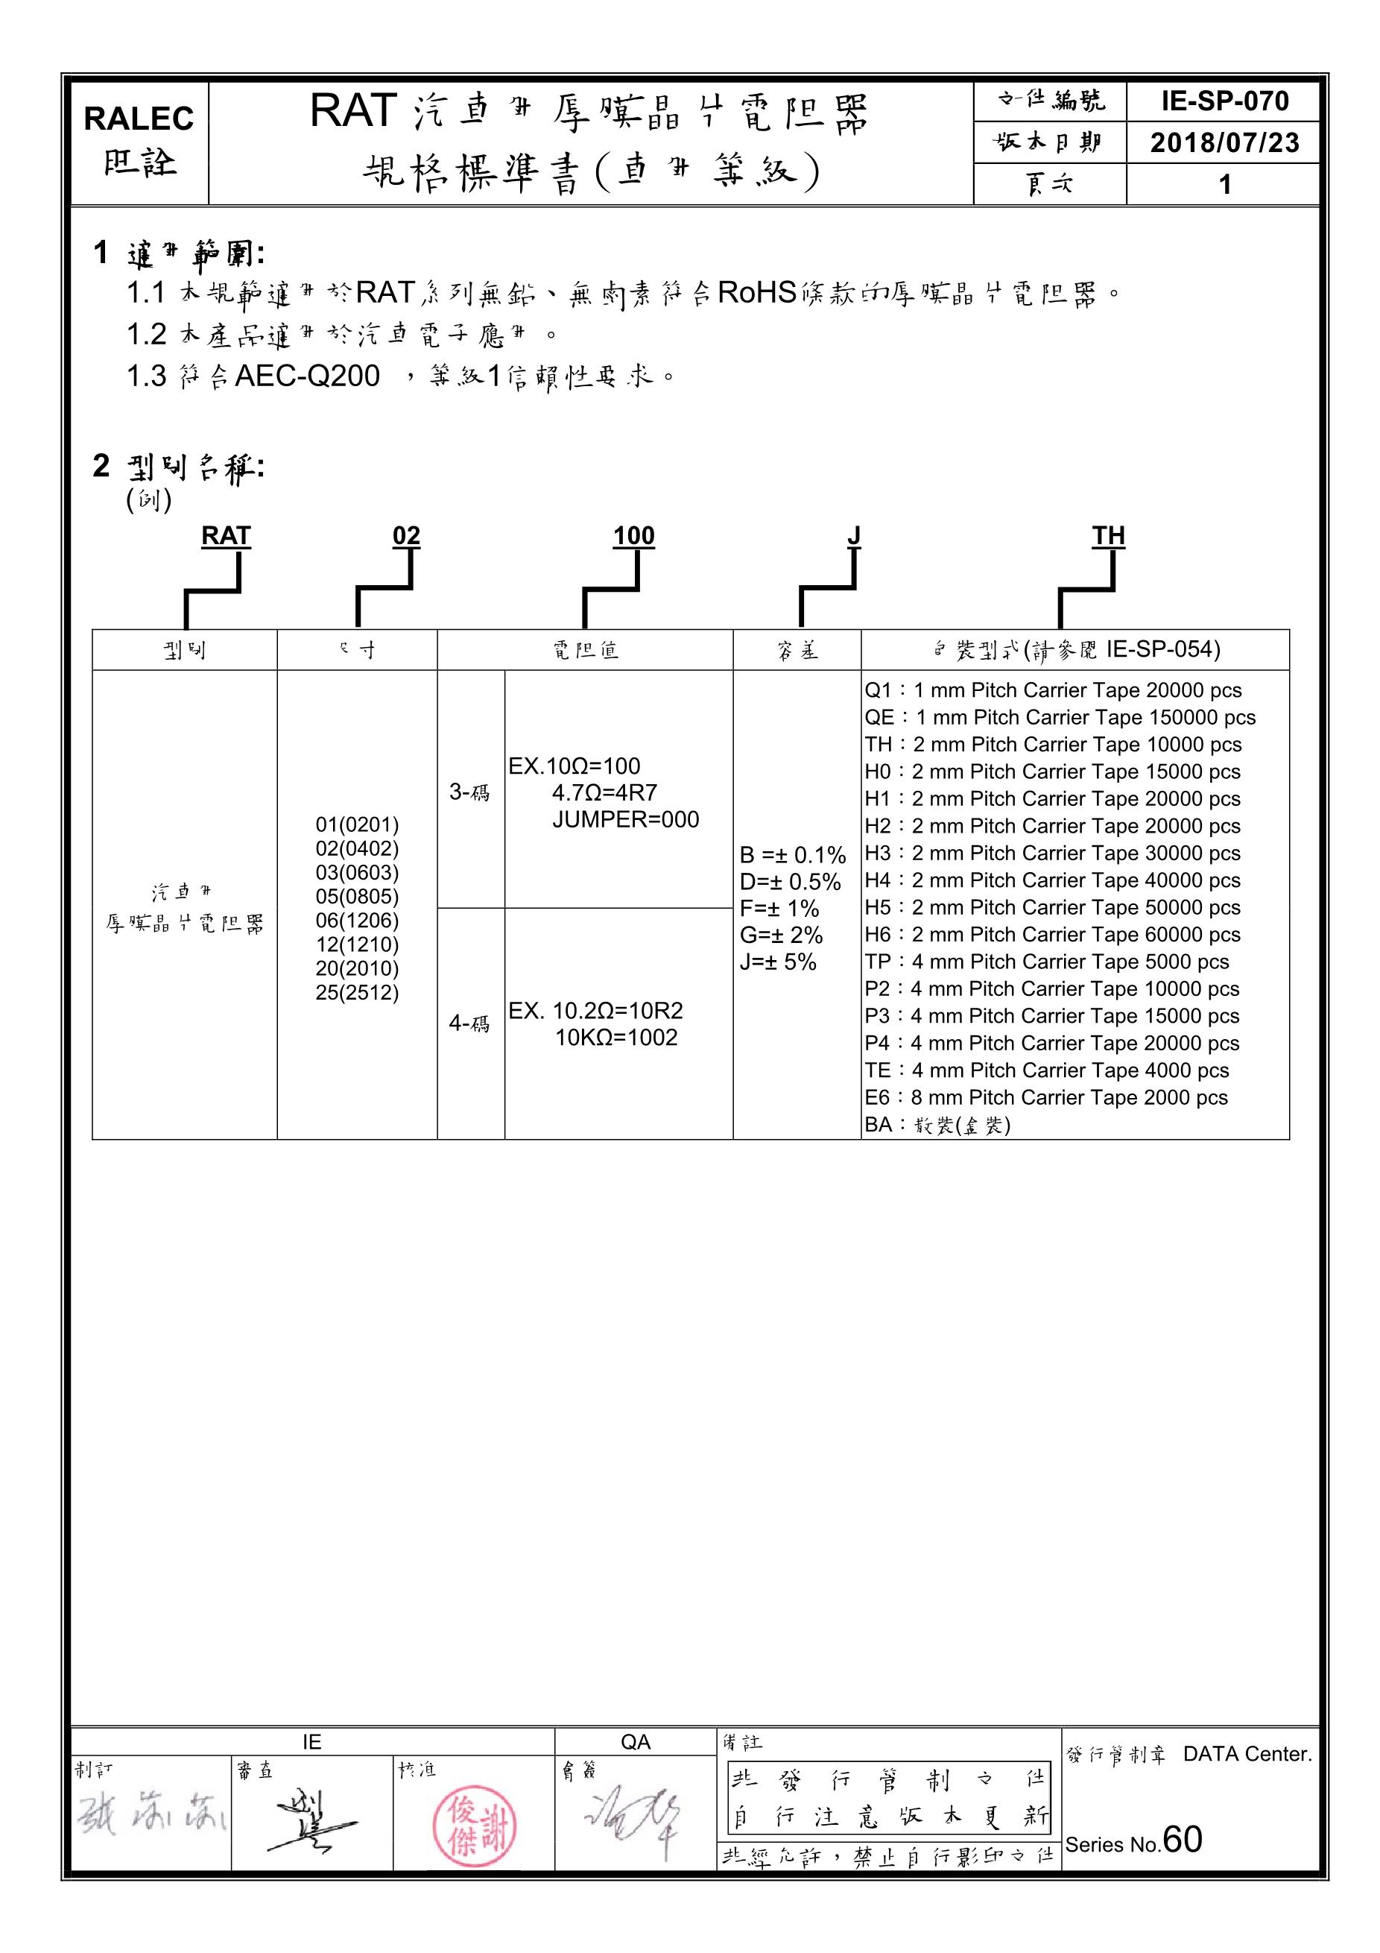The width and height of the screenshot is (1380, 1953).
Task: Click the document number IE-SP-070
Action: tap(1224, 102)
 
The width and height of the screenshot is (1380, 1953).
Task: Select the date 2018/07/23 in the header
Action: tap(1224, 142)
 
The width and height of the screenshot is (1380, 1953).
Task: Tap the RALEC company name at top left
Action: tap(139, 119)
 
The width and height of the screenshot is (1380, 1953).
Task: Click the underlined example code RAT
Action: tap(227, 536)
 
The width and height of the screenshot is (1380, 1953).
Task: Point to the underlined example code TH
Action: tap(1108, 536)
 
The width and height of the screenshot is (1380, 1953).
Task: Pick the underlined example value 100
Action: tap(633, 536)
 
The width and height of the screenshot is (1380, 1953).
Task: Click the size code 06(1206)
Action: tap(357, 921)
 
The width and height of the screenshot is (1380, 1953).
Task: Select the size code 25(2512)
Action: tap(357, 993)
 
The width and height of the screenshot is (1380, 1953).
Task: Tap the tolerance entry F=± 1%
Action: tap(779, 909)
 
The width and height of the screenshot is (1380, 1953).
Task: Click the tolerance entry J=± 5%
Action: tap(778, 962)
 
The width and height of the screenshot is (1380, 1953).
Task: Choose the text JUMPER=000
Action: tap(625, 820)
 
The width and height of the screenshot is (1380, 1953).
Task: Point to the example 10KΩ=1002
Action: tap(615, 1038)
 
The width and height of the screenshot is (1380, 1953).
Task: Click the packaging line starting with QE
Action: tap(1060, 718)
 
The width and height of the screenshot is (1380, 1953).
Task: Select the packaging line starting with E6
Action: tap(1046, 1098)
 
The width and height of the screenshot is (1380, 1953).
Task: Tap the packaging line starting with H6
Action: tap(1052, 935)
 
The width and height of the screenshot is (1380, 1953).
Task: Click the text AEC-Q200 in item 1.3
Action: tap(307, 376)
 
